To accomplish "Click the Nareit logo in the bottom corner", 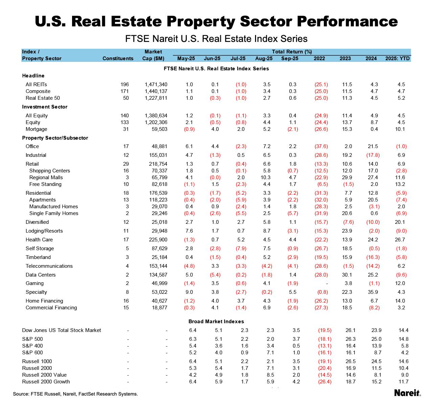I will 407,393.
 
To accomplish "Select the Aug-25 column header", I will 264,58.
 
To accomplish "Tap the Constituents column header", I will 118,58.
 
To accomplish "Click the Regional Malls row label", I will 46,177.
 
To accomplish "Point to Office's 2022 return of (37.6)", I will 321,146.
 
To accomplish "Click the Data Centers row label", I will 41,275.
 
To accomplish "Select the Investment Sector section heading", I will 45,107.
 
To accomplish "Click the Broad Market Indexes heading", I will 216,322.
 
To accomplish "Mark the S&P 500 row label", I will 32,339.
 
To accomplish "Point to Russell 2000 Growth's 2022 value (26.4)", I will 325,382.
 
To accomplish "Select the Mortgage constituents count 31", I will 126,129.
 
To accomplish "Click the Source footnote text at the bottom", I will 75,394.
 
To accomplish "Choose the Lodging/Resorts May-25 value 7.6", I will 189,231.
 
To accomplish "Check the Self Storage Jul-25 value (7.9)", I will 241,248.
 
